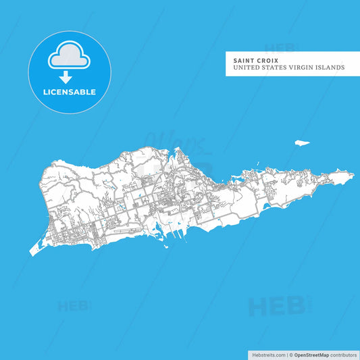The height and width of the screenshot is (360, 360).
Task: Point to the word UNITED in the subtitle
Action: pyautogui.click(x=247, y=68)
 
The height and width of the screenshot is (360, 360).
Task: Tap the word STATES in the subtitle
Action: pyautogui.click(x=278, y=68)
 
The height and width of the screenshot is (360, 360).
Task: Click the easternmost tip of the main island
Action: pyautogui.click(x=353, y=176)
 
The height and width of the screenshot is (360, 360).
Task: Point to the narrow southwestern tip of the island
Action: pyautogui.click(x=31, y=253)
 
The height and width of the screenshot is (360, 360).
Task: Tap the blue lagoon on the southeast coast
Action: pyautogui.click(x=265, y=206)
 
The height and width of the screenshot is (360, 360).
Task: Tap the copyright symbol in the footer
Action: pyautogui.click(x=290, y=354)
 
